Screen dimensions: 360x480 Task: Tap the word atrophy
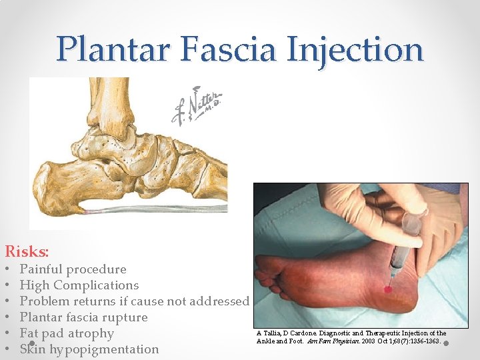point(90,333)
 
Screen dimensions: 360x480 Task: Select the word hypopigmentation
point(103,349)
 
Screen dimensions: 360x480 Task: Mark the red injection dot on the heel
point(387,289)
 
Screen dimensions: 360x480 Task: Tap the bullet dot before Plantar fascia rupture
point(9,317)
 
